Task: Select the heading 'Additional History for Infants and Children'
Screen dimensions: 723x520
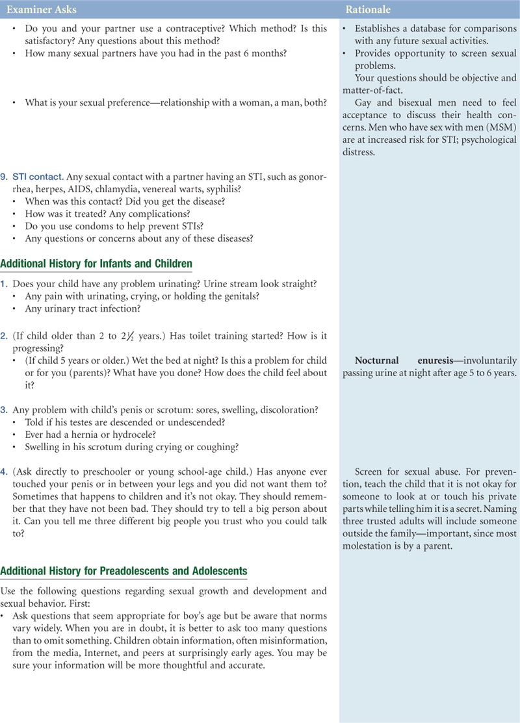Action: (96, 264)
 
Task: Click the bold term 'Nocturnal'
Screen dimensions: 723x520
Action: (377, 361)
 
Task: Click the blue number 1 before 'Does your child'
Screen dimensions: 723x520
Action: (4, 283)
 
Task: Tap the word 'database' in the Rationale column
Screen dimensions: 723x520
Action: (426, 29)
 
